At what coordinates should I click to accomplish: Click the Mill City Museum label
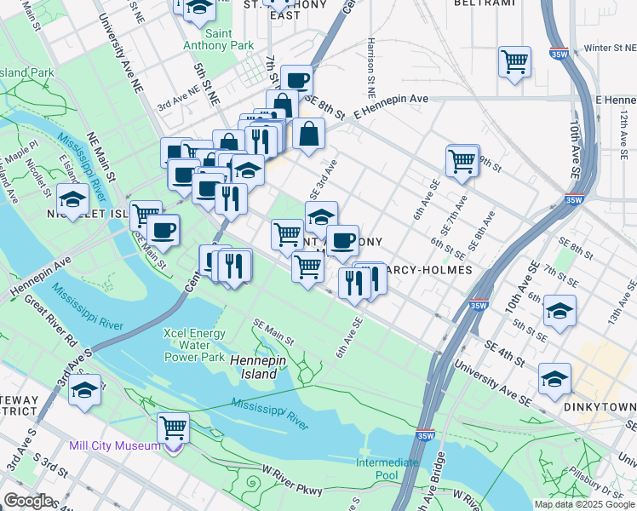click(x=113, y=445)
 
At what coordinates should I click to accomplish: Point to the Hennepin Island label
click(x=253, y=367)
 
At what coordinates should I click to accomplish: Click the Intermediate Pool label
click(x=387, y=468)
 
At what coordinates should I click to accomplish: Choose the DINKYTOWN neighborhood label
click(x=599, y=407)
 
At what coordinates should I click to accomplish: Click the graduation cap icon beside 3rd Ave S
click(x=84, y=391)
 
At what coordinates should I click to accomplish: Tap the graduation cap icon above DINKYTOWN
click(x=554, y=378)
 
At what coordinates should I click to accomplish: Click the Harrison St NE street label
click(x=371, y=59)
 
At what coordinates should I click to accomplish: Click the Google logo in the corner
click(x=29, y=501)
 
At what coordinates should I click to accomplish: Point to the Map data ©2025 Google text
click(x=584, y=504)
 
